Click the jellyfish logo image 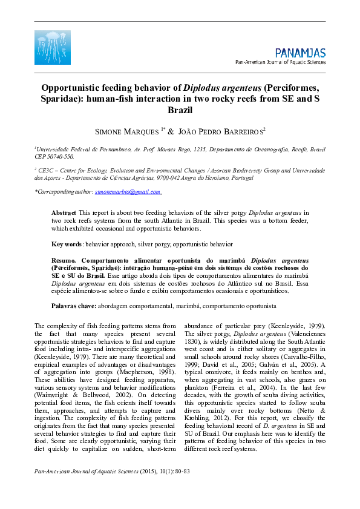[53, 47]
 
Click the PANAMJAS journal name [300, 53]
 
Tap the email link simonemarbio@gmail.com [127, 191]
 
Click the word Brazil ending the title [180, 111]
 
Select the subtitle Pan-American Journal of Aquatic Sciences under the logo [280, 62]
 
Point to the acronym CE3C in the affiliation [46, 171]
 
